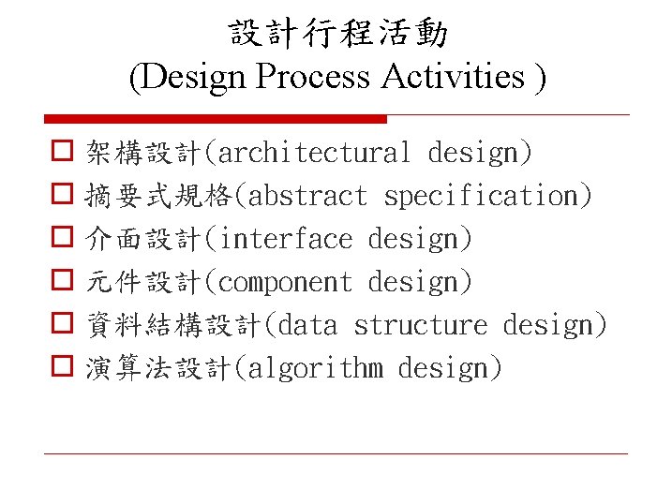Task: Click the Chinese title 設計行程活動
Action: click(x=338, y=35)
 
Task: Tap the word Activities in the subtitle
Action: click(x=454, y=77)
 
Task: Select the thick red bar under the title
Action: click(x=216, y=119)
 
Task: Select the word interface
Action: click(x=285, y=239)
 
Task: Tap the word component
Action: click(x=285, y=282)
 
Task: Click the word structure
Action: click(x=420, y=325)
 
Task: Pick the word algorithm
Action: click(x=315, y=368)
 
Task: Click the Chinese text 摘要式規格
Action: click(x=159, y=196)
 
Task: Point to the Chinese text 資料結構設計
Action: click(x=173, y=325)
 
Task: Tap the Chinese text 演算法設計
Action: click(x=157, y=368)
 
